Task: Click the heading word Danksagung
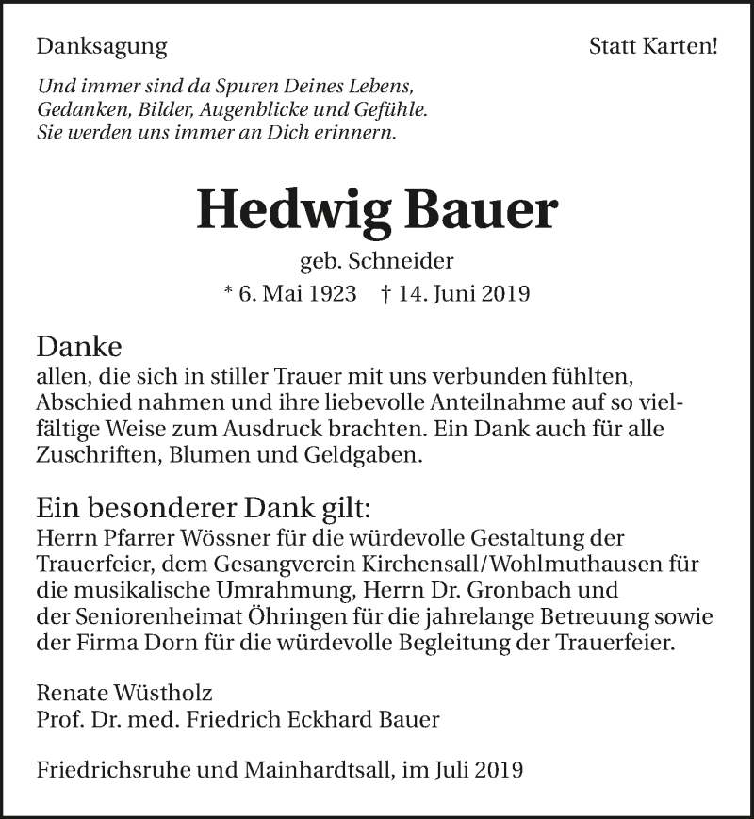coord(102,46)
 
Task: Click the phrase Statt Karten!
coord(653,46)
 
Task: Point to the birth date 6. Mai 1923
coord(299,293)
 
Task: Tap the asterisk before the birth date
coord(228,293)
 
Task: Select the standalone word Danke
coord(79,346)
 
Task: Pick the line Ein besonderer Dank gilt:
coord(205,508)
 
